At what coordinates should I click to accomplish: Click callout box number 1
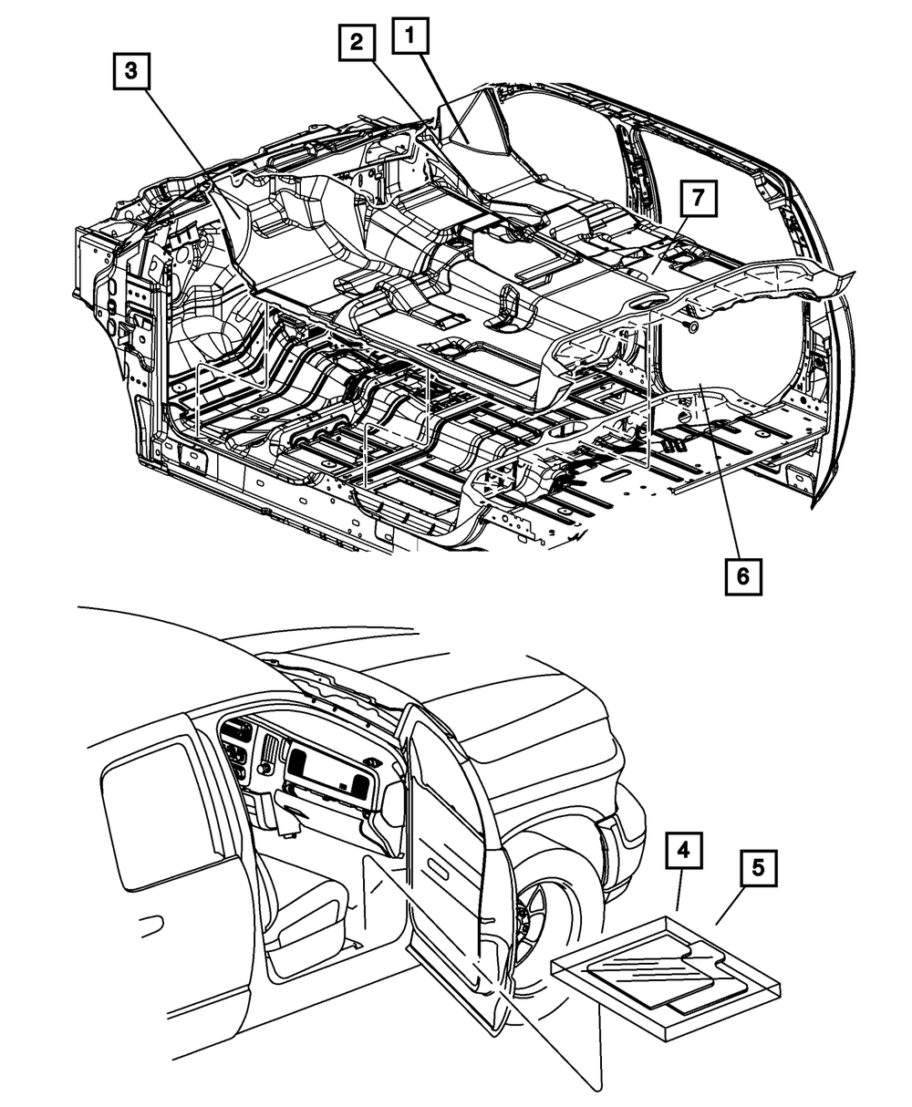click(x=409, y=40)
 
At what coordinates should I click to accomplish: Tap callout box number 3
click(x=132, y=70)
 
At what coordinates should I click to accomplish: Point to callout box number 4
click(x=683, y=852)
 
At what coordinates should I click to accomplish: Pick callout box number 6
click(x=743, y=575)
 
